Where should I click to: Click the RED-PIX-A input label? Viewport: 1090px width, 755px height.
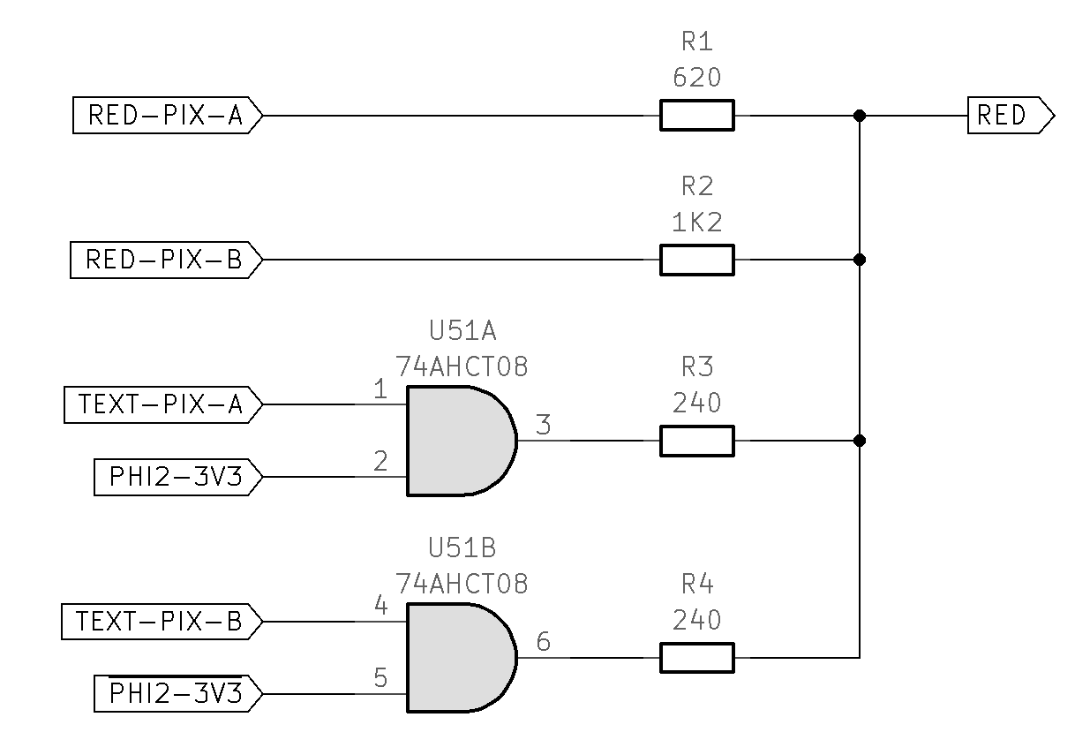coord(166,116)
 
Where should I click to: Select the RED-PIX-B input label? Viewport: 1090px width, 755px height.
coord(166,260)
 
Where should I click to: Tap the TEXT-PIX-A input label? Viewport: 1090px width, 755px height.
coord(162,405)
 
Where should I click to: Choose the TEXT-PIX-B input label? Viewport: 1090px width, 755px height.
coord(162,622)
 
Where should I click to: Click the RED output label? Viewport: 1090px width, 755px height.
coord(1010,116)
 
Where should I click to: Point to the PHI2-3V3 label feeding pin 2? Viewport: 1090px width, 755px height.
coord(177,478)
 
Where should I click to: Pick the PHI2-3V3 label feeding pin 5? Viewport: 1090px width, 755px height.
coord(177,694)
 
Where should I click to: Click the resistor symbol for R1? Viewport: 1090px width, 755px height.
coord(696,116)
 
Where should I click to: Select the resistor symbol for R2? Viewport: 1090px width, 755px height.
coord(696,260)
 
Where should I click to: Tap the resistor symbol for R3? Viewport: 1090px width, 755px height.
coord(696,441)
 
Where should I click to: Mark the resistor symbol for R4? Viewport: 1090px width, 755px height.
coord(696,658)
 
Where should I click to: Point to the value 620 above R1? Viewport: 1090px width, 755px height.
coord(696,79)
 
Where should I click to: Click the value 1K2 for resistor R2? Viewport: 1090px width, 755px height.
coord(696,223)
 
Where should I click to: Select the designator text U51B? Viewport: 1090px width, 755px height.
coord(462,548)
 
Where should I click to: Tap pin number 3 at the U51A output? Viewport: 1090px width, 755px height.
coord(543,426)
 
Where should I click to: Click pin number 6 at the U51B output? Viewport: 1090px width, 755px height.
coord(543,642)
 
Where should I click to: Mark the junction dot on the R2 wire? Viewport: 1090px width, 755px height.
coord(860,260)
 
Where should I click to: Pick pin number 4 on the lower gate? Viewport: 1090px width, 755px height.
coord(380,606)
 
